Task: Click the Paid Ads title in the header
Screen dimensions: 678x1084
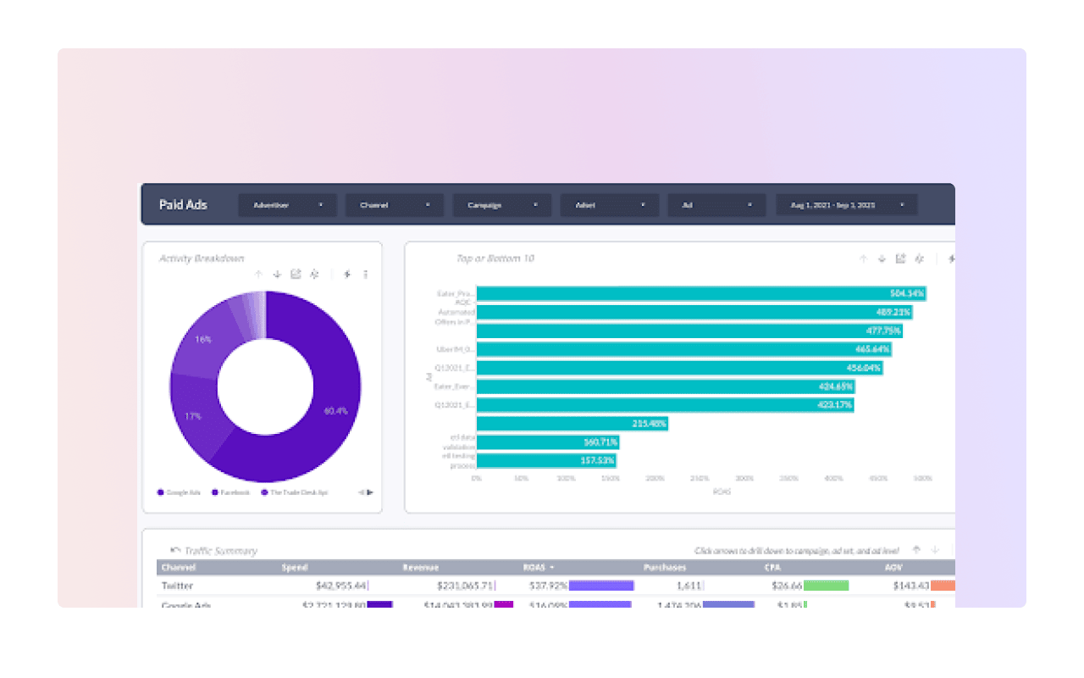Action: pyautogui.click(x=183, y=205)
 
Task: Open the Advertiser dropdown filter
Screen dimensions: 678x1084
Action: pyautogui.click(x=287, y=205)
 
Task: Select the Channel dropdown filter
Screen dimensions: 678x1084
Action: pyautogui.click(x=395, y=205)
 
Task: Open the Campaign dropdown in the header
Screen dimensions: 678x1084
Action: pyautogui.click(x=501, y=205)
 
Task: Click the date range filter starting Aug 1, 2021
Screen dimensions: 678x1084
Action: pyautogui.click(x=846, y=205)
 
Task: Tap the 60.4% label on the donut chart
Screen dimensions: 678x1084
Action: pyautogui.click(x=335, y=411)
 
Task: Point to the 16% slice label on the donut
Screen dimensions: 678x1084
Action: pyautogui.click(x=203, y=339)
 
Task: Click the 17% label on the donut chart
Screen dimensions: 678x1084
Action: pyautogui.click(x=193, y=416)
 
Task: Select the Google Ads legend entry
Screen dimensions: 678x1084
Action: pyautogui.click(x=179, y=492)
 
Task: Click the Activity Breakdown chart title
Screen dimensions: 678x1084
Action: pyautogui.click(x=202, y=258)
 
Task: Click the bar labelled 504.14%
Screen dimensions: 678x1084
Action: pyautogui.click(x=700, y=293)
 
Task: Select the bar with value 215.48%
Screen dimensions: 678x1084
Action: pyautogui.click(x=572, y=423)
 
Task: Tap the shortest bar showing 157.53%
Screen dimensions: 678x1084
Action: pyautogui.click(x=546, y=460)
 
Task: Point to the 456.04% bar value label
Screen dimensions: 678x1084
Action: pyautogui.click(x=863, y=368)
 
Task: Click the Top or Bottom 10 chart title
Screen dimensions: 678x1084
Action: pyautogui.click(x=495, y=258)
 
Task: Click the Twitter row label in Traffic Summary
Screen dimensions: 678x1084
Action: pyautogui.click(x=177, y=586)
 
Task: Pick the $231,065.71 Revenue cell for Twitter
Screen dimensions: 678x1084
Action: pyautogui.click(x=465, y=586)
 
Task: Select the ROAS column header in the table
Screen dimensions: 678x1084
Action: pyautogui.click(x=535, y=567)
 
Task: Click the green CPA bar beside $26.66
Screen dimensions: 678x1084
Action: pyautogui.click(x=826, y=586)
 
